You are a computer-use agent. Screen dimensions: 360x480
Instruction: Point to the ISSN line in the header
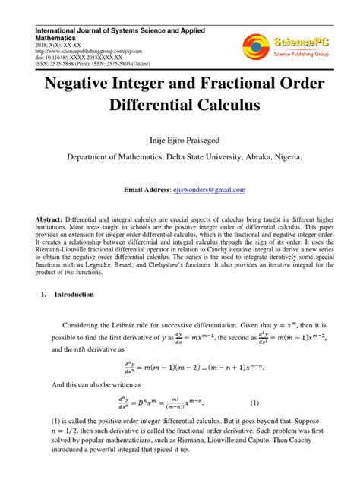coord(98,65)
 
